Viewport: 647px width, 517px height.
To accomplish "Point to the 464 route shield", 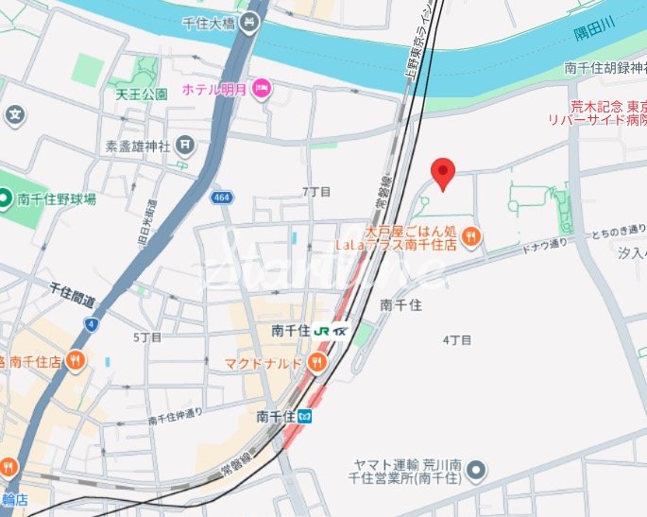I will click(x=222, y=197).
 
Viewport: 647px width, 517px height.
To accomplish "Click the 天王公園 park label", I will click(x=142, y=95).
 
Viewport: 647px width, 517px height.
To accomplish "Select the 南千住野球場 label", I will click(x=56, y=199).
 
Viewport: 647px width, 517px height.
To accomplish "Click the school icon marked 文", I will click(x=14, y=116).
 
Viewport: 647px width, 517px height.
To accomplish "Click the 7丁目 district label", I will click(x=316, y=192).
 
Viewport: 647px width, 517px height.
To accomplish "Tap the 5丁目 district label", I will click(x=147, y=336).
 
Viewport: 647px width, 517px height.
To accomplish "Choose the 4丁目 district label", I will click(x=456, y=338).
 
